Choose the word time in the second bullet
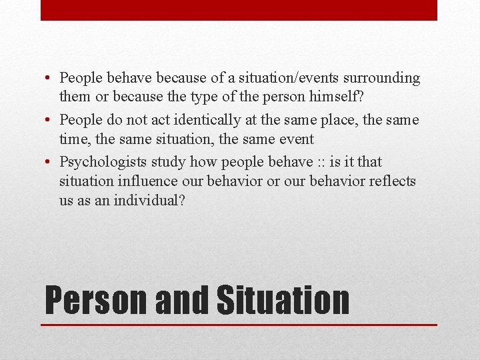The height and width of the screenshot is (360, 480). (73, 139)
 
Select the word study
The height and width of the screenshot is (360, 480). (168, 162)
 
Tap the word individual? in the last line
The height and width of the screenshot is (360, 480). (150, 199)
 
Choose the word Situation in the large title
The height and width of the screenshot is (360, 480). (283, 299)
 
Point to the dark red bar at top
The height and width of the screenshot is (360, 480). (239, 10)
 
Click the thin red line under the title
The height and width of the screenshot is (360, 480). (239, 325)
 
